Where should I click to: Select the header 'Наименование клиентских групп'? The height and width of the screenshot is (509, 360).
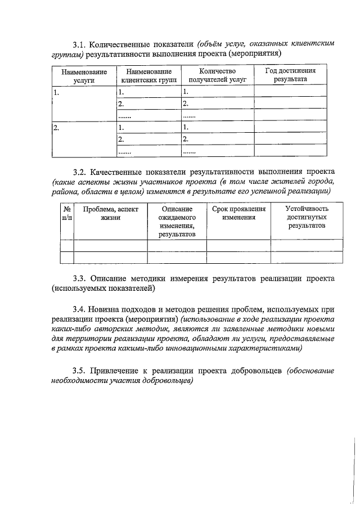tap(148, 76)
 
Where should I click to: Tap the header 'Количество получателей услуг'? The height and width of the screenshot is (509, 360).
tap(217, 76)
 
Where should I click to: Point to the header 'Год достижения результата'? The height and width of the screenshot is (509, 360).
tap(290, 75)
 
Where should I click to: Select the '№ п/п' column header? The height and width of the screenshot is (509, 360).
tap(66, 213)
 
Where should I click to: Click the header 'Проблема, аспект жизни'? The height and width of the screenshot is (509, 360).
tap(110, 213)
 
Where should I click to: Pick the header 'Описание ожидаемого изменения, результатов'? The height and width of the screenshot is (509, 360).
tap(177, 221)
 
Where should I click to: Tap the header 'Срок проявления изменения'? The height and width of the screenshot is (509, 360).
tap(238, 213)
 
